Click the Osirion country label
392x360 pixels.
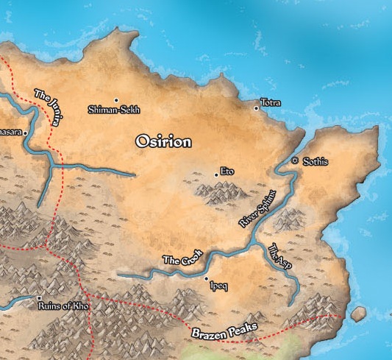click(163, 142)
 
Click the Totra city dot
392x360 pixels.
click(256, 108)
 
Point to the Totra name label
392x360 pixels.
click(271, 103)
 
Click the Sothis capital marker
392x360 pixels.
click(294, 160)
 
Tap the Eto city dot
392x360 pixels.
click(216, 174)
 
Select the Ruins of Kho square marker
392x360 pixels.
click(39, 298)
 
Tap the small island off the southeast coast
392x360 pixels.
click(358, 314)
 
